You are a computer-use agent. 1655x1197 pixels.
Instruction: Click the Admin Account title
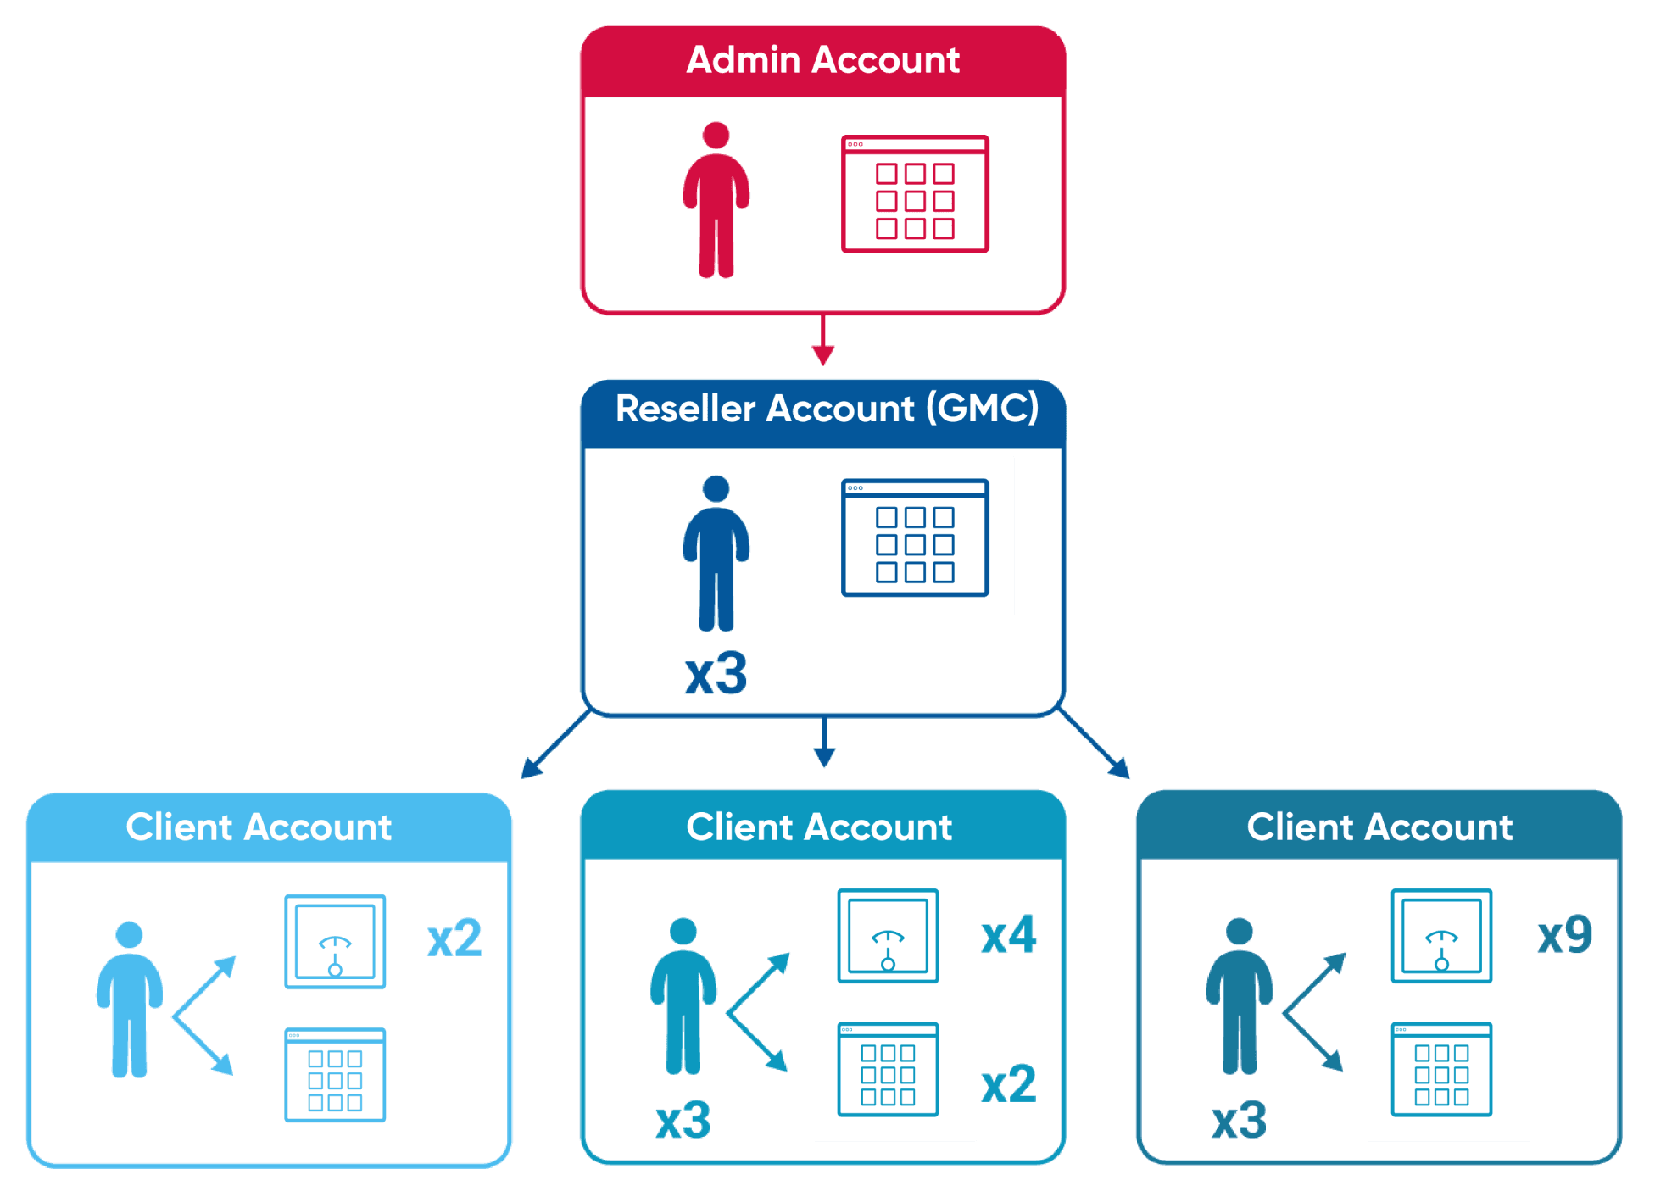[x=822, y=60]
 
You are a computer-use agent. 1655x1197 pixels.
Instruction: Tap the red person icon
[x=716, y=200]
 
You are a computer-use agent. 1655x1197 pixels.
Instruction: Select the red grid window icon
[x=915, y=194]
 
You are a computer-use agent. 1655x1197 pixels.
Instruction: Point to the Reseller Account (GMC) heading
[x=827, y=409]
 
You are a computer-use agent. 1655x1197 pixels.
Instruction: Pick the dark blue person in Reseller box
[x=716, y=553]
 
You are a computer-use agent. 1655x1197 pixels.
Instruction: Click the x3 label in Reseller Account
[x=716, y=674]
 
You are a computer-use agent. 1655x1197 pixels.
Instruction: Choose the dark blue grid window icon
[x=915, y=537]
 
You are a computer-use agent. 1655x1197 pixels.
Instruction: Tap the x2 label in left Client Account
[x=454, y=938]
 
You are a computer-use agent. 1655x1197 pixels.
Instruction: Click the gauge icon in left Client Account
[x=335, y=941]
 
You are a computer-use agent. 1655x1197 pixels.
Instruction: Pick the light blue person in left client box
[x=129, y=999]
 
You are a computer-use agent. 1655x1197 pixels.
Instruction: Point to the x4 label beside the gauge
[x=1008, y=935]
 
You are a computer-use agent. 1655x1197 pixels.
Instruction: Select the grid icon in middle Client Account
[x=888, y=1069]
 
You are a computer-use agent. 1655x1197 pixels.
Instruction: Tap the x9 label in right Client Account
[x=1564, y=935]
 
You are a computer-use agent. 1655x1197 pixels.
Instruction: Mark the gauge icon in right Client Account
[x=1441, y=936]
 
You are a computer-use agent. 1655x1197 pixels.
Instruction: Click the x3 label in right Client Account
[x=1239, y=1121]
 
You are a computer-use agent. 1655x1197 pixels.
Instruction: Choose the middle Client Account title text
[x=819, y=827]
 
